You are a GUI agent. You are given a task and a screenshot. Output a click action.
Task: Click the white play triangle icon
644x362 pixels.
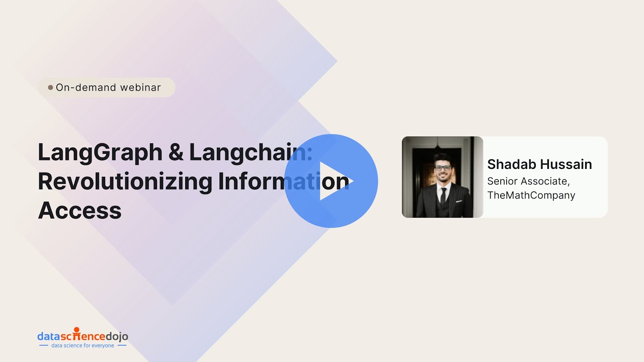[x=334, y=181]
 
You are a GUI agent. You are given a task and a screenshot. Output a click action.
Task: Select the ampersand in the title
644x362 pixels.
[x=176, y=153]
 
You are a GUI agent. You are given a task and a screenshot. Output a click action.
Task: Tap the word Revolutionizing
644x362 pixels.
[x=125, y=182]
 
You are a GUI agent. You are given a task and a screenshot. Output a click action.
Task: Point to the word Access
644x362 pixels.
[x=79, y=210]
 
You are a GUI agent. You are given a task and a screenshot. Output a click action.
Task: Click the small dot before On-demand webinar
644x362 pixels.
[x=50, y=87]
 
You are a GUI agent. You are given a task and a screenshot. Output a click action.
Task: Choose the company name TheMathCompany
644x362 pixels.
[x=531, y=195]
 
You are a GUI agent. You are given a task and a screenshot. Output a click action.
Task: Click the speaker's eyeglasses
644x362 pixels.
[x=443, y=167]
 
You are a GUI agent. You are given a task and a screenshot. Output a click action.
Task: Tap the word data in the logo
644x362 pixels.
[x=48, y=336]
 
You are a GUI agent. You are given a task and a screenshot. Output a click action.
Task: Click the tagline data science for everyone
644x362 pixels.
[x=83, y=346]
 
